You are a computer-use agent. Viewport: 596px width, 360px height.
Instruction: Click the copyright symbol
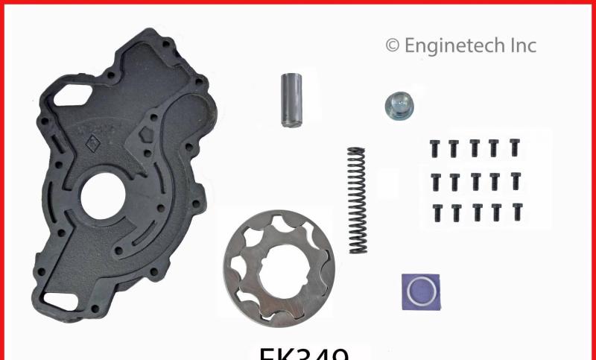[x=392, y=46]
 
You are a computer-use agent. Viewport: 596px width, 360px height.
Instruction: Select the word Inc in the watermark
[x=521, y=45]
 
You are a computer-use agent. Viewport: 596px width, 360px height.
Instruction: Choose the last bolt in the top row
[x=514, y=147]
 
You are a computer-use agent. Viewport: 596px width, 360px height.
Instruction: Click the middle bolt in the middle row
[x=475, y=181]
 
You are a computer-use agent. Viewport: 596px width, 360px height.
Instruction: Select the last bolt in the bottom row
[x=516, y=212]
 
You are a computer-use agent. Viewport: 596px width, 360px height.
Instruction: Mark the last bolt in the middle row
[x=515, y=180]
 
